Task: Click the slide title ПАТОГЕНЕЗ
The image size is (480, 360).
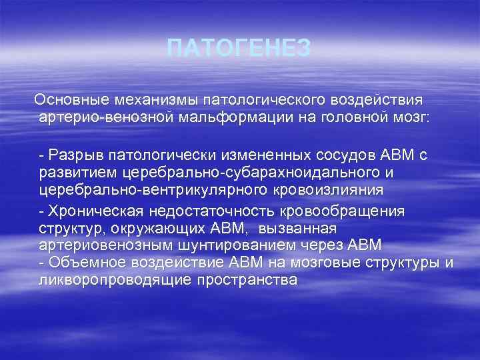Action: coord(239,48)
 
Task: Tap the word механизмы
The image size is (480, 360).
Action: coord(146,99)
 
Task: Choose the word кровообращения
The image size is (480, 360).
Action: coord(347,211)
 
